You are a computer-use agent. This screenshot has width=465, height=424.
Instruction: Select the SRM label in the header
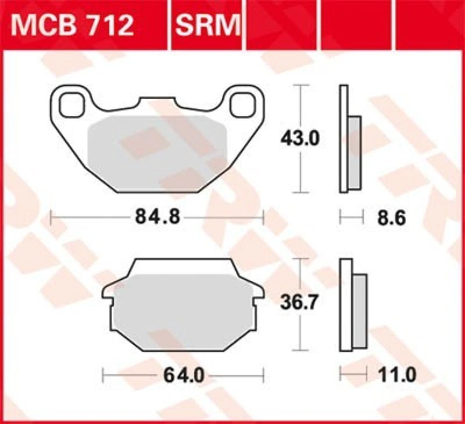[x=207, y=25]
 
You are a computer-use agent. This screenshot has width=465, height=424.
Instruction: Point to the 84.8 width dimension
[x=158, y=217]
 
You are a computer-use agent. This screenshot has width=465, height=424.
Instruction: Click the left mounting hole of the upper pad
[x=70, y=105]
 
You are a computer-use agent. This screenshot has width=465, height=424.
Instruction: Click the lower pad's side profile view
[x=352, y=304]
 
